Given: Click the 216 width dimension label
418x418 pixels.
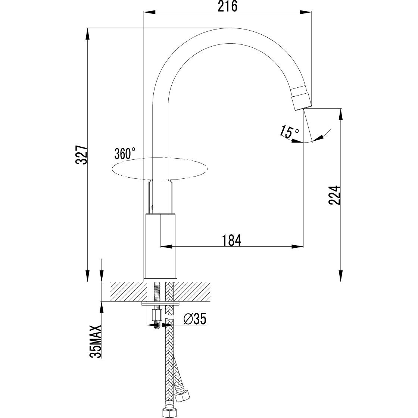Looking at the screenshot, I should [x=228, y=6].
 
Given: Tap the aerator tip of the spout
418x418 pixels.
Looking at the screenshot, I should [x=302, y=99].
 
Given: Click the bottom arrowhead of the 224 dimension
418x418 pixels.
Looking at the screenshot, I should [x=340, y=276].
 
